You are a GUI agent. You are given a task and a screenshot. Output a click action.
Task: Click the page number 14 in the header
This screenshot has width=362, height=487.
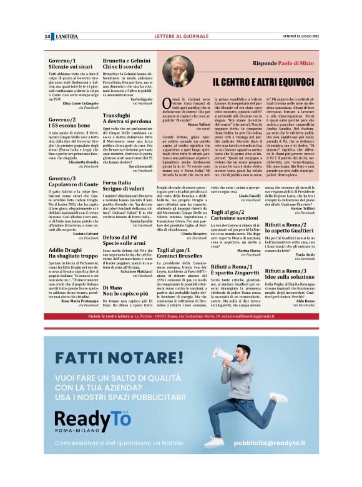coord(47,37)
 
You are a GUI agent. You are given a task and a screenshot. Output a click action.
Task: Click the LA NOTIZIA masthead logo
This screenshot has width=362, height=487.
coord(66,37)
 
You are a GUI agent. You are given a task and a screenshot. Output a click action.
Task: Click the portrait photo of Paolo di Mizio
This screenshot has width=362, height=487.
coord(177,71)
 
